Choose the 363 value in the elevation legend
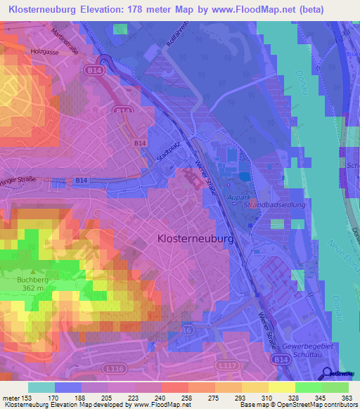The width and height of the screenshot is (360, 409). coord(347,397)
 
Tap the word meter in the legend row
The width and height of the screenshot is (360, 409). coord(11,397)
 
